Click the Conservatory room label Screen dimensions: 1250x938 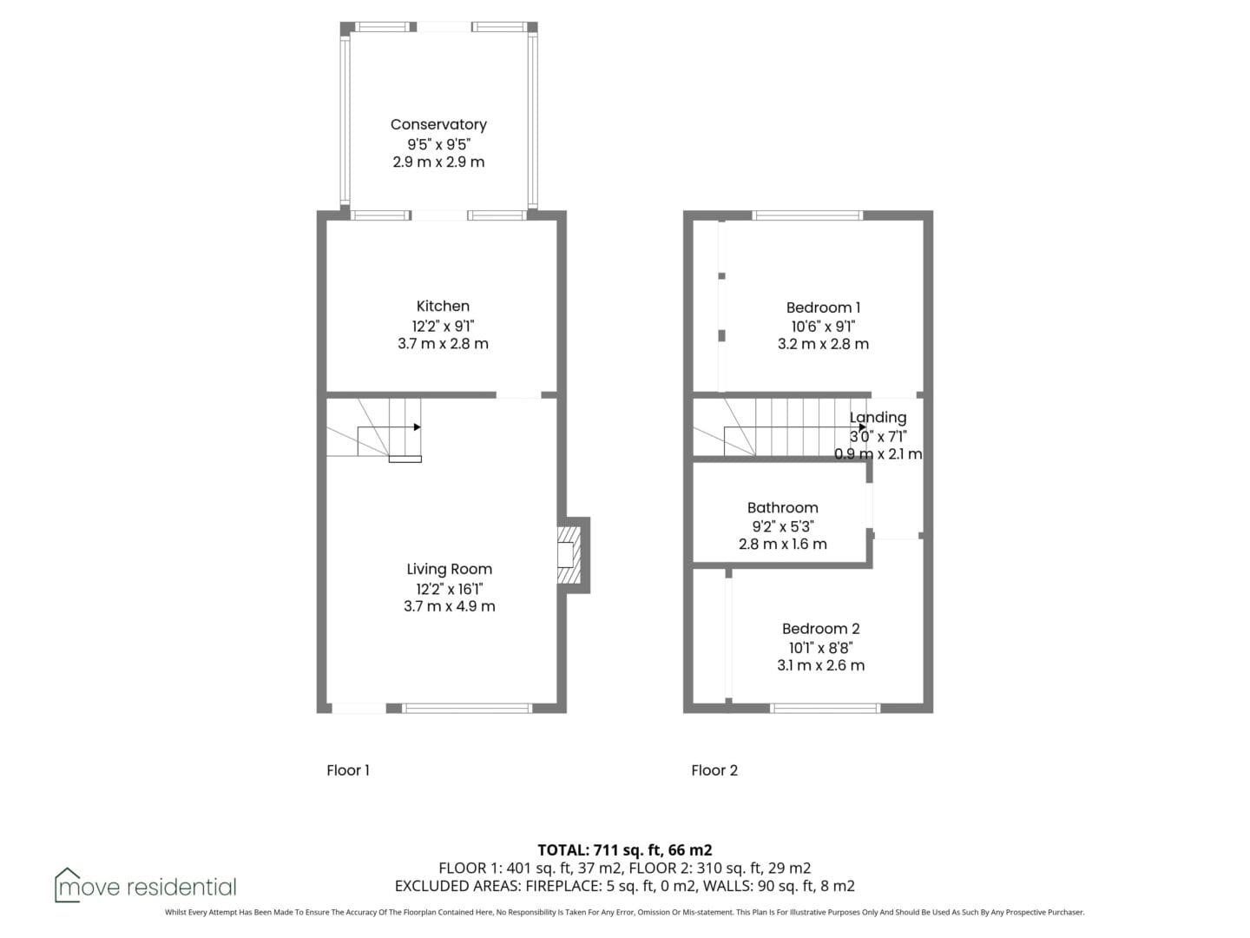[438, 125]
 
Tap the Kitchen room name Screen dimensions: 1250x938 [443, 306]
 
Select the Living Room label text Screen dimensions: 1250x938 [450, 569]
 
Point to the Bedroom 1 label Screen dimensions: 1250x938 [823, 307]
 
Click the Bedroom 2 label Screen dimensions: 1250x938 [820, 629]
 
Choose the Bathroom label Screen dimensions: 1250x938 [782, 507]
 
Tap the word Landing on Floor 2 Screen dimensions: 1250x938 [878, 418]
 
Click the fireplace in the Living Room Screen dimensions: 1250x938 [569, 555]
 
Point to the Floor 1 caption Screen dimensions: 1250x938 [348, 770]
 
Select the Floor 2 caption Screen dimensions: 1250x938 [714, 770]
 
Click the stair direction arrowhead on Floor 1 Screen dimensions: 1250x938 [418, 427]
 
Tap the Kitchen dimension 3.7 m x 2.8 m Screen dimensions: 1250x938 [443, 343]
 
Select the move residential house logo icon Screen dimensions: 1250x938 [67, 884]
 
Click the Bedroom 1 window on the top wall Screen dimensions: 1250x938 [807, 215]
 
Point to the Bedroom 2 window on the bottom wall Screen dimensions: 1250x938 [826, 709]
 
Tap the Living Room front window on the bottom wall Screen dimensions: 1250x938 [467, 709]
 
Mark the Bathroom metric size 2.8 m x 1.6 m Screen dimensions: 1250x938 [782, 544]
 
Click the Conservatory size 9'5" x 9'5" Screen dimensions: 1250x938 [438, 144]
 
